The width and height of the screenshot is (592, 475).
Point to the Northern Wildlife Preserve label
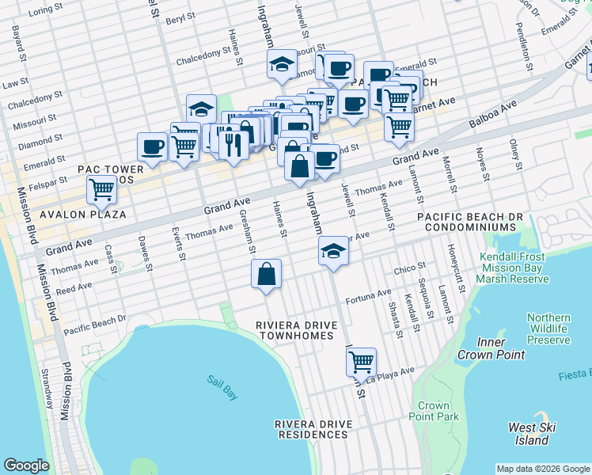(x=548, y=329)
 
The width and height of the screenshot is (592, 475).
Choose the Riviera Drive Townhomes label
(x=297, y=331)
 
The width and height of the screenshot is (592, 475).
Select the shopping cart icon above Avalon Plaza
(x=101, y=190)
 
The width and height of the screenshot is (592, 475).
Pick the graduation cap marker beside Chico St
(x=333, y=252)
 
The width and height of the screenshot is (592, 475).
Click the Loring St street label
(x=45, y=10)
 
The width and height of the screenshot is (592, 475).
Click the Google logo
(x=26, y=465)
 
